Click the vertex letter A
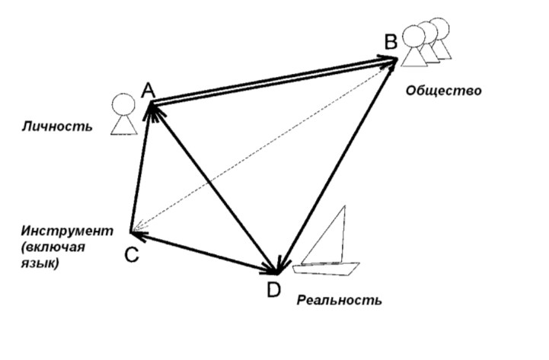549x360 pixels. click(148, 91)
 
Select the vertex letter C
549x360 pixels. click(131, 255)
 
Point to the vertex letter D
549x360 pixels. click(273, 290)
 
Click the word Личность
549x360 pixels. click(57, 126)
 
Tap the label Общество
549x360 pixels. click(443, 91)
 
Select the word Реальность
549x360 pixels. click(339, 300)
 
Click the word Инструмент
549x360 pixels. click(67, 231)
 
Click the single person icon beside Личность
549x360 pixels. click(123, 115)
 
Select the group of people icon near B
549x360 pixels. click(426, 42)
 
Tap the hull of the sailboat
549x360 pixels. click(328, 268)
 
